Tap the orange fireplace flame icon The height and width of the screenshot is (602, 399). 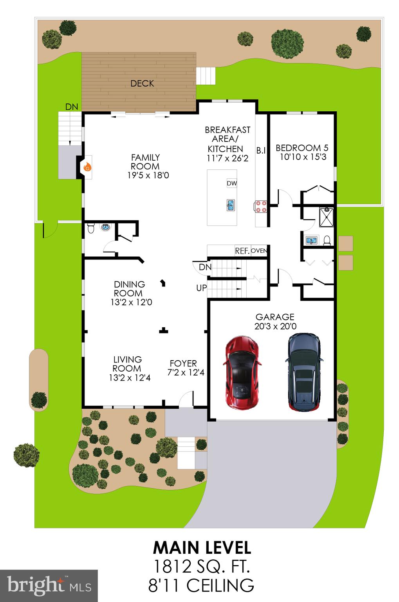click(x=88, y=167)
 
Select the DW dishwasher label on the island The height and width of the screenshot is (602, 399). click(x=231, y=183)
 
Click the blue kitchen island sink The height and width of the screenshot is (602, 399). click(x=230, y=205)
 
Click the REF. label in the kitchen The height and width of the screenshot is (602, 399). click(x=242, y=251)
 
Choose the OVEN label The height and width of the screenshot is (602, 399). click(x=258, y=251)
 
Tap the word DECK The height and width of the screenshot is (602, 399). click(x=142, y=83)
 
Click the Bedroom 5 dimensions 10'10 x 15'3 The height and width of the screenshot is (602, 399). click(x=303, y=157)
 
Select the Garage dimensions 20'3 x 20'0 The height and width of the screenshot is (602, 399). click(x=275, y=326)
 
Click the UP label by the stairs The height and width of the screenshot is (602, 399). click(x=201, y=288)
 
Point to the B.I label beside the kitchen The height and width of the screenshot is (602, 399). click(x=261, y=150)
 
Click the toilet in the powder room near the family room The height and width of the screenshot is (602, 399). click(x=91, y=228)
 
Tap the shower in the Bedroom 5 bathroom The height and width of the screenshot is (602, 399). click(x=326, y=217)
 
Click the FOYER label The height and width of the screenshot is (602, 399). click(x=183, y=363)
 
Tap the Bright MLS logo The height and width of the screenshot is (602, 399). click(x=49, y=586)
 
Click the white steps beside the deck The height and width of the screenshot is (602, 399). click(x=206, y=75)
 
